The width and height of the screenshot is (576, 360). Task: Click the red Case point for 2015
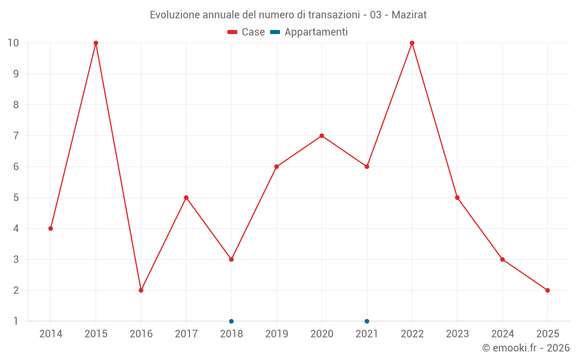(96, 43)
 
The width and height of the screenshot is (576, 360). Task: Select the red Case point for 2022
(412, 43)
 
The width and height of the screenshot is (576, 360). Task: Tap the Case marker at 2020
(321, 136)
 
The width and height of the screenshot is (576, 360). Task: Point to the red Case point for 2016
(141, 290)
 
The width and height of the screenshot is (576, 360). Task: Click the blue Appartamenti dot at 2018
(231, 321)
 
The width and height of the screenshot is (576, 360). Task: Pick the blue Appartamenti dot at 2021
(367, 321)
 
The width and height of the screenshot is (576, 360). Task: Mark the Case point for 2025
(547, 290)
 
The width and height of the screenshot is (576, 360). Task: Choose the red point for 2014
(51, 229)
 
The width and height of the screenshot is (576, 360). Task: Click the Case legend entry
(246, 32)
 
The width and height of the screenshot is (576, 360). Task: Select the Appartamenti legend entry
(309, 32)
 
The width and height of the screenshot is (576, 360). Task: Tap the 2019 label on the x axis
(276, 334)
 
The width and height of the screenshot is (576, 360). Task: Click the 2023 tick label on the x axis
(457, 334)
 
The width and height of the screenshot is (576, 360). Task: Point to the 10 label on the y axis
(13, 43)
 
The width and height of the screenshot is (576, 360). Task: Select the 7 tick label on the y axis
(16, 136)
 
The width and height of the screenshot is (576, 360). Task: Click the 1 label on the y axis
(16, 321)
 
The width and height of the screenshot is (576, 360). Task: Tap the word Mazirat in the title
(409, 15)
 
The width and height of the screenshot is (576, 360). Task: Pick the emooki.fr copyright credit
(526, 348)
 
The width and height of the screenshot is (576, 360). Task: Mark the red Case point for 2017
(186, 198)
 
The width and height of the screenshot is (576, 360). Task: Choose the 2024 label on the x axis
(502, 334)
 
